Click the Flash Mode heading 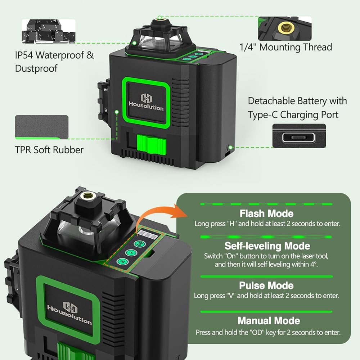coord(266,214)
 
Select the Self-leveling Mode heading coord(267,246)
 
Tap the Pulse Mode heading coord(266,286)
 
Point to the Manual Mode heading coord(269,320)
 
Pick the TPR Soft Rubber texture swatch coord(41,127)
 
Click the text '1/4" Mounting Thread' coord(285,47)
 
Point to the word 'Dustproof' coord(36,68)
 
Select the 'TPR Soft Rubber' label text coord(49,150)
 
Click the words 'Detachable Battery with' coord(297,101)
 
